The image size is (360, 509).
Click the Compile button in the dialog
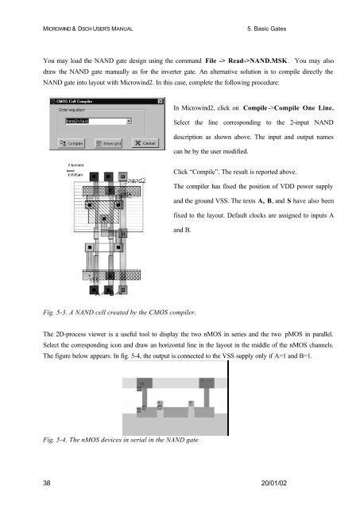(x=70, y=143)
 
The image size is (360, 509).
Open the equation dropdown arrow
(x=129, y=122)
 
